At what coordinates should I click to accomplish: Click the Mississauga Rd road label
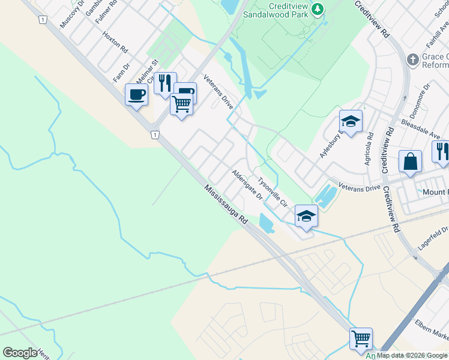[225, 205]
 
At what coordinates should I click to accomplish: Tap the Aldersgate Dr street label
[247, 185]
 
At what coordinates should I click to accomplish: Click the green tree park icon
[318, 8]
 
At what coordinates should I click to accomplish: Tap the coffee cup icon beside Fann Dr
[137, 95]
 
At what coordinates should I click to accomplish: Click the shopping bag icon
[410, 161]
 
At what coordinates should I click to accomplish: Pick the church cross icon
[412, 59]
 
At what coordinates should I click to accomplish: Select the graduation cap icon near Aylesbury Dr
[351, 122]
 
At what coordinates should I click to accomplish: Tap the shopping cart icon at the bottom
[361, 339]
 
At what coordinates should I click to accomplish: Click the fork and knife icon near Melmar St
[165, 83]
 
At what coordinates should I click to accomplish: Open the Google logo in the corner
[20, 353]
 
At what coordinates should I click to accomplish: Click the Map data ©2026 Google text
[412, 355]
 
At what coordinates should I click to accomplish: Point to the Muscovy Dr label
[72, 13]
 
